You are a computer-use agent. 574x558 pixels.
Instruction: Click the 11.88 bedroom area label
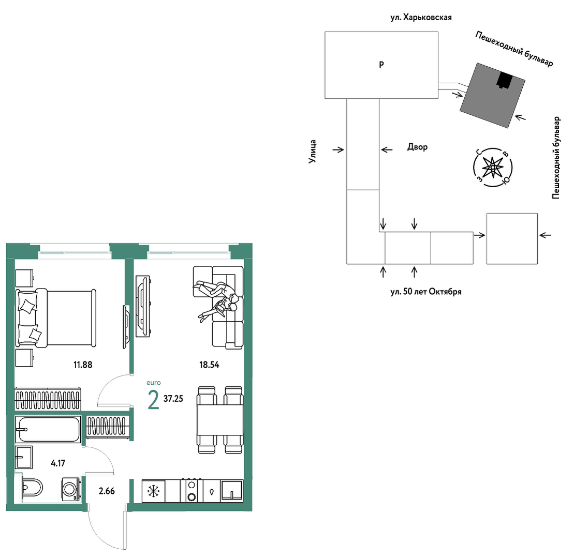[x=83, y=365]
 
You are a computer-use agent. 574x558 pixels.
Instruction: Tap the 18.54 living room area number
[x=209, y=365]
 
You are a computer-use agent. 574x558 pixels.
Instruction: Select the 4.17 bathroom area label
[x=58, y=463]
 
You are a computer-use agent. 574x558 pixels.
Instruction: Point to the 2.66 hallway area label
[x=107, y=491]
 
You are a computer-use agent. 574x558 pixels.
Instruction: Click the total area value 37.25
[x=173, y=399]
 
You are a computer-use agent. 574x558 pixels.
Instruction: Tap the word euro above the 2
[x=153, y=383]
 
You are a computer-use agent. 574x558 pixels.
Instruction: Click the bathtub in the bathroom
[x=48, y=430]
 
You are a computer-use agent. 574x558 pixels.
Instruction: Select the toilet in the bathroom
[x=32, y=488]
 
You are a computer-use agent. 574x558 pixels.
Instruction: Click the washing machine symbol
[x=71, y=489]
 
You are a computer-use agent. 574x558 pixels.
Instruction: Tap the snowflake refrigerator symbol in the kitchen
[x=153, y=491]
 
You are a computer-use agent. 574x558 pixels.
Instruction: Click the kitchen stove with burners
[x=192, y=491]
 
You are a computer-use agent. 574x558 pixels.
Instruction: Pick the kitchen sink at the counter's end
[x=232, y=490]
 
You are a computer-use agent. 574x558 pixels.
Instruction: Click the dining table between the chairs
[x=220, y=420]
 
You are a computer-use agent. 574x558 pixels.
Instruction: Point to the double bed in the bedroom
[x=56, y=318]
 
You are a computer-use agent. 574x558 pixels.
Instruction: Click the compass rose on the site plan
[x=493, y=168]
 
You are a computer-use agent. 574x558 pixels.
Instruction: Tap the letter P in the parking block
[x=381, y=65]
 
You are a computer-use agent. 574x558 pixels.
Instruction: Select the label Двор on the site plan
[x=417, y=147]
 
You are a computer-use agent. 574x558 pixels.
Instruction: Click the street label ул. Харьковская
[x=421, y=17]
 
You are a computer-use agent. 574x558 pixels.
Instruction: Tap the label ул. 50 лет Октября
[x=426, y=292]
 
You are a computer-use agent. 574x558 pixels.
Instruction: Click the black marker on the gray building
[x=505, y=80]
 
